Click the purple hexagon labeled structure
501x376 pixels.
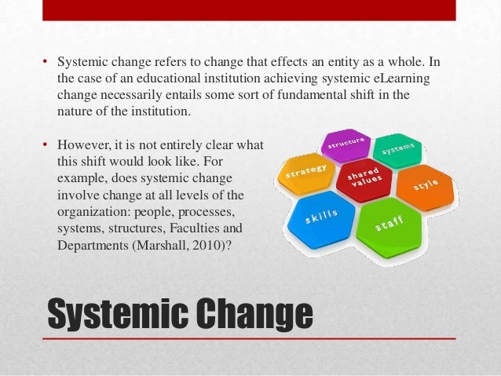pyautogui.click(x=345, y=144)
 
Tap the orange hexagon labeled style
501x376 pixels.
pyautogui.click(x=425, y=187)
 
